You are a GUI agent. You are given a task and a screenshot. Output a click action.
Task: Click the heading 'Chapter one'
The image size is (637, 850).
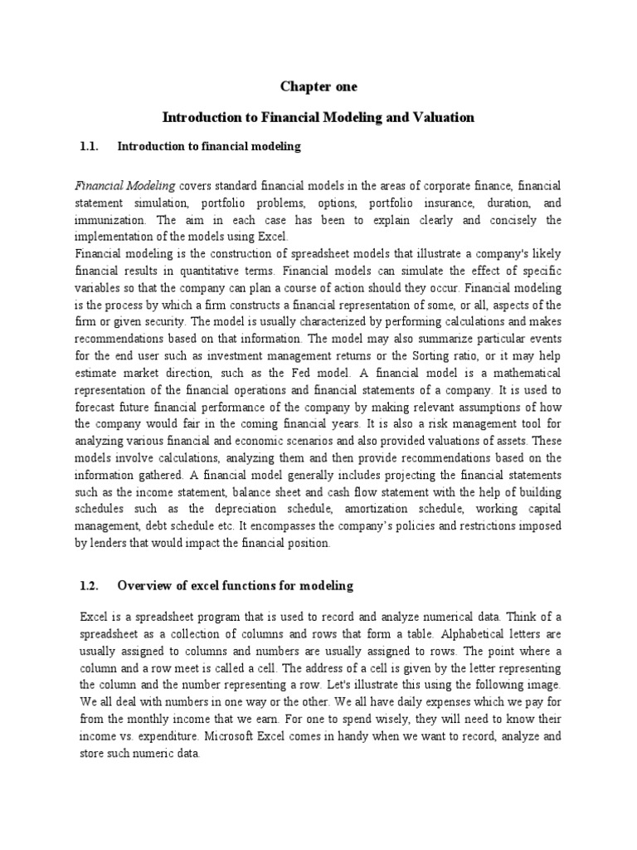pyautogui.click(x=318, y=86)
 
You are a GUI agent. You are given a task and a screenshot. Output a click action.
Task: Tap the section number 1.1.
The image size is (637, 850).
pyautogui.click(x=90, y=147)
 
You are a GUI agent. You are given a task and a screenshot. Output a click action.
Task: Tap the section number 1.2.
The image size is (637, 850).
pyautogui.click(x=90, y=586)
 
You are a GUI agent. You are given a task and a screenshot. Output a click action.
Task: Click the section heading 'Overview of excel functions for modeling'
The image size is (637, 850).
pyautogui.click(x=236, y=586)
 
